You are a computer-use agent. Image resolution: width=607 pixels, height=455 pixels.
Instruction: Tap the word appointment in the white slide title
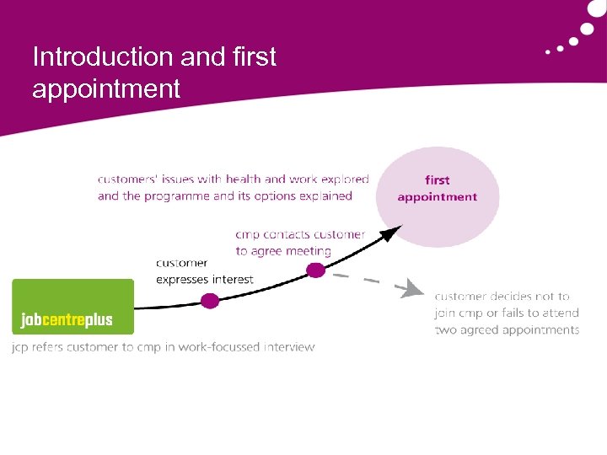[x=106, y=88]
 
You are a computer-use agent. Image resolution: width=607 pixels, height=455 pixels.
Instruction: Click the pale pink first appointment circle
[x=437, y=195]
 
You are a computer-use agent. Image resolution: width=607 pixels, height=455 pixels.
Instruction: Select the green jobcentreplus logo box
[x=73, y=307]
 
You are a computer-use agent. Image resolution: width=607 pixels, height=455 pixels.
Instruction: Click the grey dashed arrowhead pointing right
[x=413, y=290]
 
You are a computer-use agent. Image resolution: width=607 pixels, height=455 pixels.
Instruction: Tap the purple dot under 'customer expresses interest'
[x=210, y=300]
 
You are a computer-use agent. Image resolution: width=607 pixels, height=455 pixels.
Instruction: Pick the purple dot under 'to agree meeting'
[x=315, y=270]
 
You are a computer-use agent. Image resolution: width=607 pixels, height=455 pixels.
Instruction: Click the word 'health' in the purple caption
[x=244, y=179]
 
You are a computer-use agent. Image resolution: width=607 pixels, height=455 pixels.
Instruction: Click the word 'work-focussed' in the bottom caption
[x=220, y=346]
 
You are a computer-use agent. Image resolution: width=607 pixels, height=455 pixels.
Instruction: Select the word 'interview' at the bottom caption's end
[x=289, y=346]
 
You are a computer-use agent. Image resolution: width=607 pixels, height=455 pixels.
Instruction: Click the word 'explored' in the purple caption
[x=344, y=179]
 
